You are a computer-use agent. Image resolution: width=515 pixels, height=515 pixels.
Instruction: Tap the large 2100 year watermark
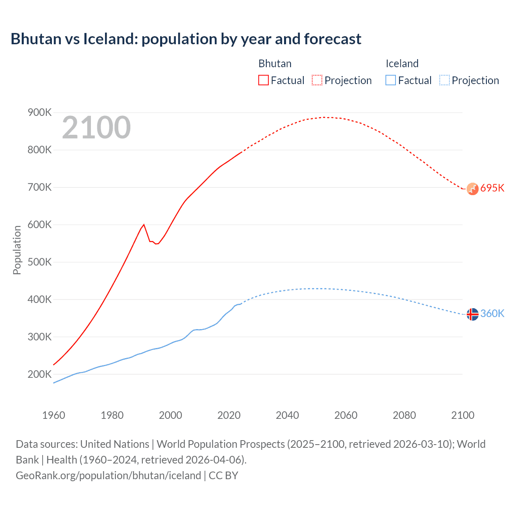pyautogui.click(x=96, y=128)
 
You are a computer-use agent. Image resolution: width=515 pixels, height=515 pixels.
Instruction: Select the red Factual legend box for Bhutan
pyautogui.click(x=263, y=80)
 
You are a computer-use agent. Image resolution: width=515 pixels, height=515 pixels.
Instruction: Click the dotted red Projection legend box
pyautogui.click(x=317, y=80)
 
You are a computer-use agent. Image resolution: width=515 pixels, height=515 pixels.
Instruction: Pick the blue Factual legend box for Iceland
pyautogui.click(x=391, y=80)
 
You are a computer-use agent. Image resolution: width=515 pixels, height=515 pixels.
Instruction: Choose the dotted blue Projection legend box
pyautogui.click(x=444, y=80)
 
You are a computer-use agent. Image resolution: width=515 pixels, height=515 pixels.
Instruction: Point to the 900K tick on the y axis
pyautogui.click(x=39, y=113)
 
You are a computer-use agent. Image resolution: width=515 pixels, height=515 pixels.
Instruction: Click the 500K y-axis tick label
pyautogui.click(x=39, y=262)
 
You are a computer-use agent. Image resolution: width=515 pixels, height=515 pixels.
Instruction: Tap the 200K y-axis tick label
pyautogui.click(x=39, y=375)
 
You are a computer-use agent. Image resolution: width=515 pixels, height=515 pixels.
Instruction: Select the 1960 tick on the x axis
pyautogui.click(x=54, y=415)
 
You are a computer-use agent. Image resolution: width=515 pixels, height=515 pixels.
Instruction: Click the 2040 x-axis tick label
pyautogui.click(x=287, y=415)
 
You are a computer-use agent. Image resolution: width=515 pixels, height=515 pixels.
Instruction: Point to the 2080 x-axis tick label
pyautogui.click(x=404, y=415)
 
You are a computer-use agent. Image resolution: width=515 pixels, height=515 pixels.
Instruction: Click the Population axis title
pyautogui.click(x=17, y=250)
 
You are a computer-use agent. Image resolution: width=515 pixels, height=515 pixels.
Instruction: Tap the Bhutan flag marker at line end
pyautogui.click(x=472, y=189)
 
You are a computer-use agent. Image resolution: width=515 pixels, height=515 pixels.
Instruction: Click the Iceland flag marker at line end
pyautogui.click(x=472, y=314)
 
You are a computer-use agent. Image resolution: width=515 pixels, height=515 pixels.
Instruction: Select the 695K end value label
pyautogui.click(x=492, y=188)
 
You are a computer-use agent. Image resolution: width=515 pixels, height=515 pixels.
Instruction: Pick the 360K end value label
pyautogui.click(x=492, y=314)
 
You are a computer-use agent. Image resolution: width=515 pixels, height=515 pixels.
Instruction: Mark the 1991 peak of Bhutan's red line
pyautogui.click(x=144, y=225)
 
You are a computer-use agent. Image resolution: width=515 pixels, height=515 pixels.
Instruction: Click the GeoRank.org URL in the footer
pyautogui.click(x=108, y=476)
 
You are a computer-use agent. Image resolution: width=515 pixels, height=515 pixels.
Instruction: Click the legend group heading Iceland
pyautogui.click(x=402, y=64)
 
